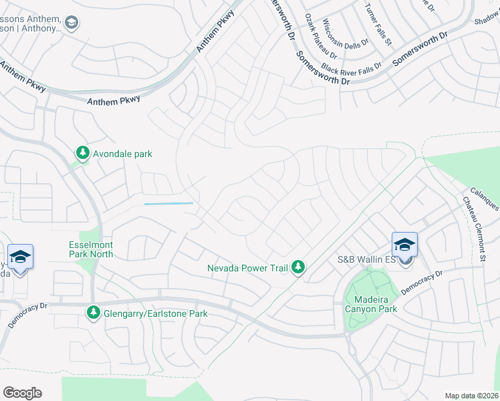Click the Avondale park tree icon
(83, 154)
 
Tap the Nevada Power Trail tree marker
(298, 268)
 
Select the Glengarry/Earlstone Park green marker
(94, 313)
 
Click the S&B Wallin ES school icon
(404, 245)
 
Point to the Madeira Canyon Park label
(371, 303)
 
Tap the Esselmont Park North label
(91, 249)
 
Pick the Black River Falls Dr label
(351, 67)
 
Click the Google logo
(22, 393)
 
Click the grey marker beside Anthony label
(72, 24)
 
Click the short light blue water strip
(168, 203)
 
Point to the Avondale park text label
(122, 154)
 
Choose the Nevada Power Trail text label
(247, 268)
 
